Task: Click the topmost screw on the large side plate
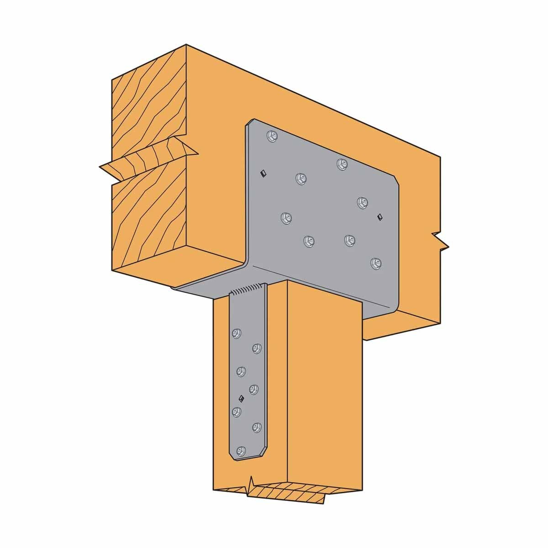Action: tap(272, 136)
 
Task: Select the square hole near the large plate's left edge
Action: tap(262, 173)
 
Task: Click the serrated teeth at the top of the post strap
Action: tap(247, 289)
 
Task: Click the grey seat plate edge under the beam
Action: tap(196, 290)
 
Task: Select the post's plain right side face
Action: tap(324, 388)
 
